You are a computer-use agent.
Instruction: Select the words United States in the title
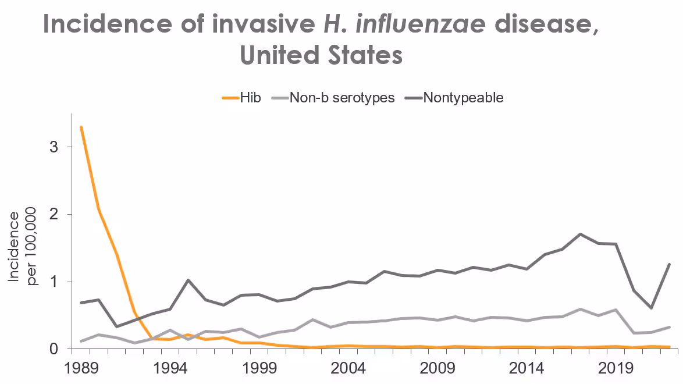(x=321, y=56)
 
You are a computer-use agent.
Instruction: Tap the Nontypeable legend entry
(x=463, y=98)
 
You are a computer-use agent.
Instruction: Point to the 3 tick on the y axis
(x=54, y=147)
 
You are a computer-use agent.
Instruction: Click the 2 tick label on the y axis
(x=54, y=215)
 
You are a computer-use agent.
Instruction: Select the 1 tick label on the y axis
(x=54, y=282)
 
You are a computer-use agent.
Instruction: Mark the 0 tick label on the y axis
(x=54, y=349)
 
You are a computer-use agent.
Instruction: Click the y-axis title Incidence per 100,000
(x=21, y=248)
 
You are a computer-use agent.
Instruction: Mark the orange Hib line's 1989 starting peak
(x=81, y=127)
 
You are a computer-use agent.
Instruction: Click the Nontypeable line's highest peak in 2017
(x=581, y=234)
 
